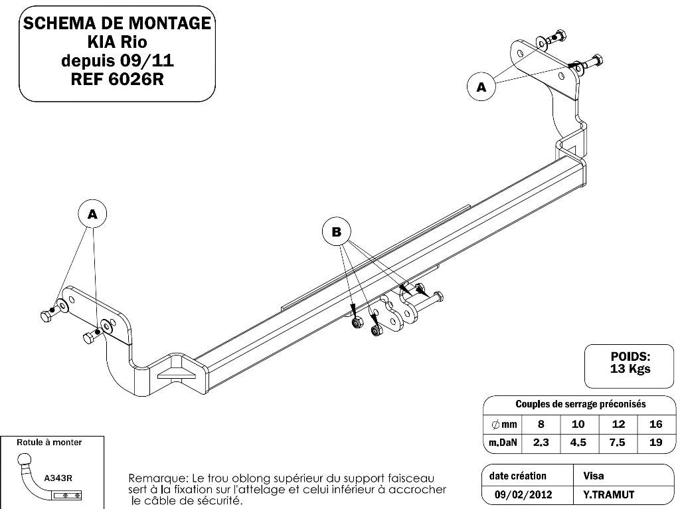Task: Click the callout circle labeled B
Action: coord(336,232)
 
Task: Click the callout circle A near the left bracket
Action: coord(92,214)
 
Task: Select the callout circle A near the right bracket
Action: coord(481,87)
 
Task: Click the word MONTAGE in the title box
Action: coord(168,23)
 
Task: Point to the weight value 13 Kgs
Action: coord(630,369)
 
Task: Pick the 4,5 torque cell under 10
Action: coord(578,442)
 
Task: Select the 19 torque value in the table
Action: coord(655,442)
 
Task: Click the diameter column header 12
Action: coord(618,423)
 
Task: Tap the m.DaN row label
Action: coord(503,442)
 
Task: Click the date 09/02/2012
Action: coord(523,494)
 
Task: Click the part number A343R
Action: coord(58,478)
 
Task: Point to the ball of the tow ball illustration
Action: coord(25,460)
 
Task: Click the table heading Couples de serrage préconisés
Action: coord(580,404)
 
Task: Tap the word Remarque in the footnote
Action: coord(157,479)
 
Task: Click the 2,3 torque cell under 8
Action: coord(541,442)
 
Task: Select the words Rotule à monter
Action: coord(49,442)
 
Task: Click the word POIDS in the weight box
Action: coord(630,357)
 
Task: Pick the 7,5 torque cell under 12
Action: coord(617,442)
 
